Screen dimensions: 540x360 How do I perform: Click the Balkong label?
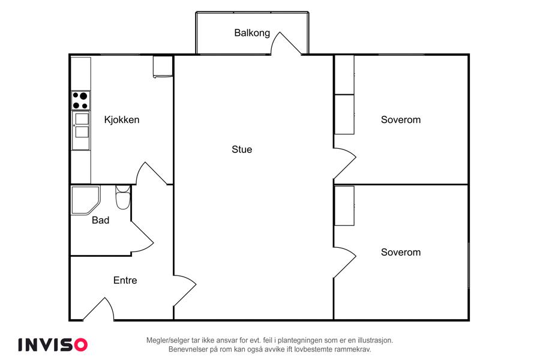(252, 33)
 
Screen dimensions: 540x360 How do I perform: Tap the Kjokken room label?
(122, 120)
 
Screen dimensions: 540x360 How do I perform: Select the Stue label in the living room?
(242, 149)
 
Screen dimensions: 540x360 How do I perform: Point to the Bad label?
(101, 220)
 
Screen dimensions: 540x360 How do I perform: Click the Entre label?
(125, 280)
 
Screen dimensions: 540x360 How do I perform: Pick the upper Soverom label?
(401, 120)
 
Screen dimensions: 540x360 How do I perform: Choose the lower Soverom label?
(401, 252)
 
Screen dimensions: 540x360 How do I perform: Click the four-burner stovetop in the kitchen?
(80, 100)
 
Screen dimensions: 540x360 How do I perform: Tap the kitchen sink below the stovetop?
(81, 130)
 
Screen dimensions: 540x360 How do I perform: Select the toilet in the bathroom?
(123, 197)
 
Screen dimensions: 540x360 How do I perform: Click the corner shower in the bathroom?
(85, 200)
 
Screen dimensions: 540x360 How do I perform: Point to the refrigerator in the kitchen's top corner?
(163, 67)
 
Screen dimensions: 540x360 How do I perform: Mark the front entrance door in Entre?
(98, 309)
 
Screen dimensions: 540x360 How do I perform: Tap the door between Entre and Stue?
(185, 290)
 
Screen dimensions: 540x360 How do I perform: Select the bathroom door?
(142, 236)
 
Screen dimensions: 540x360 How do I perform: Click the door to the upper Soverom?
(345, 164)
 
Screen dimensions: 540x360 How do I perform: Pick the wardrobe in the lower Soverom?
(344, 206)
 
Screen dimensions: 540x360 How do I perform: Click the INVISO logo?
(53, 345)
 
